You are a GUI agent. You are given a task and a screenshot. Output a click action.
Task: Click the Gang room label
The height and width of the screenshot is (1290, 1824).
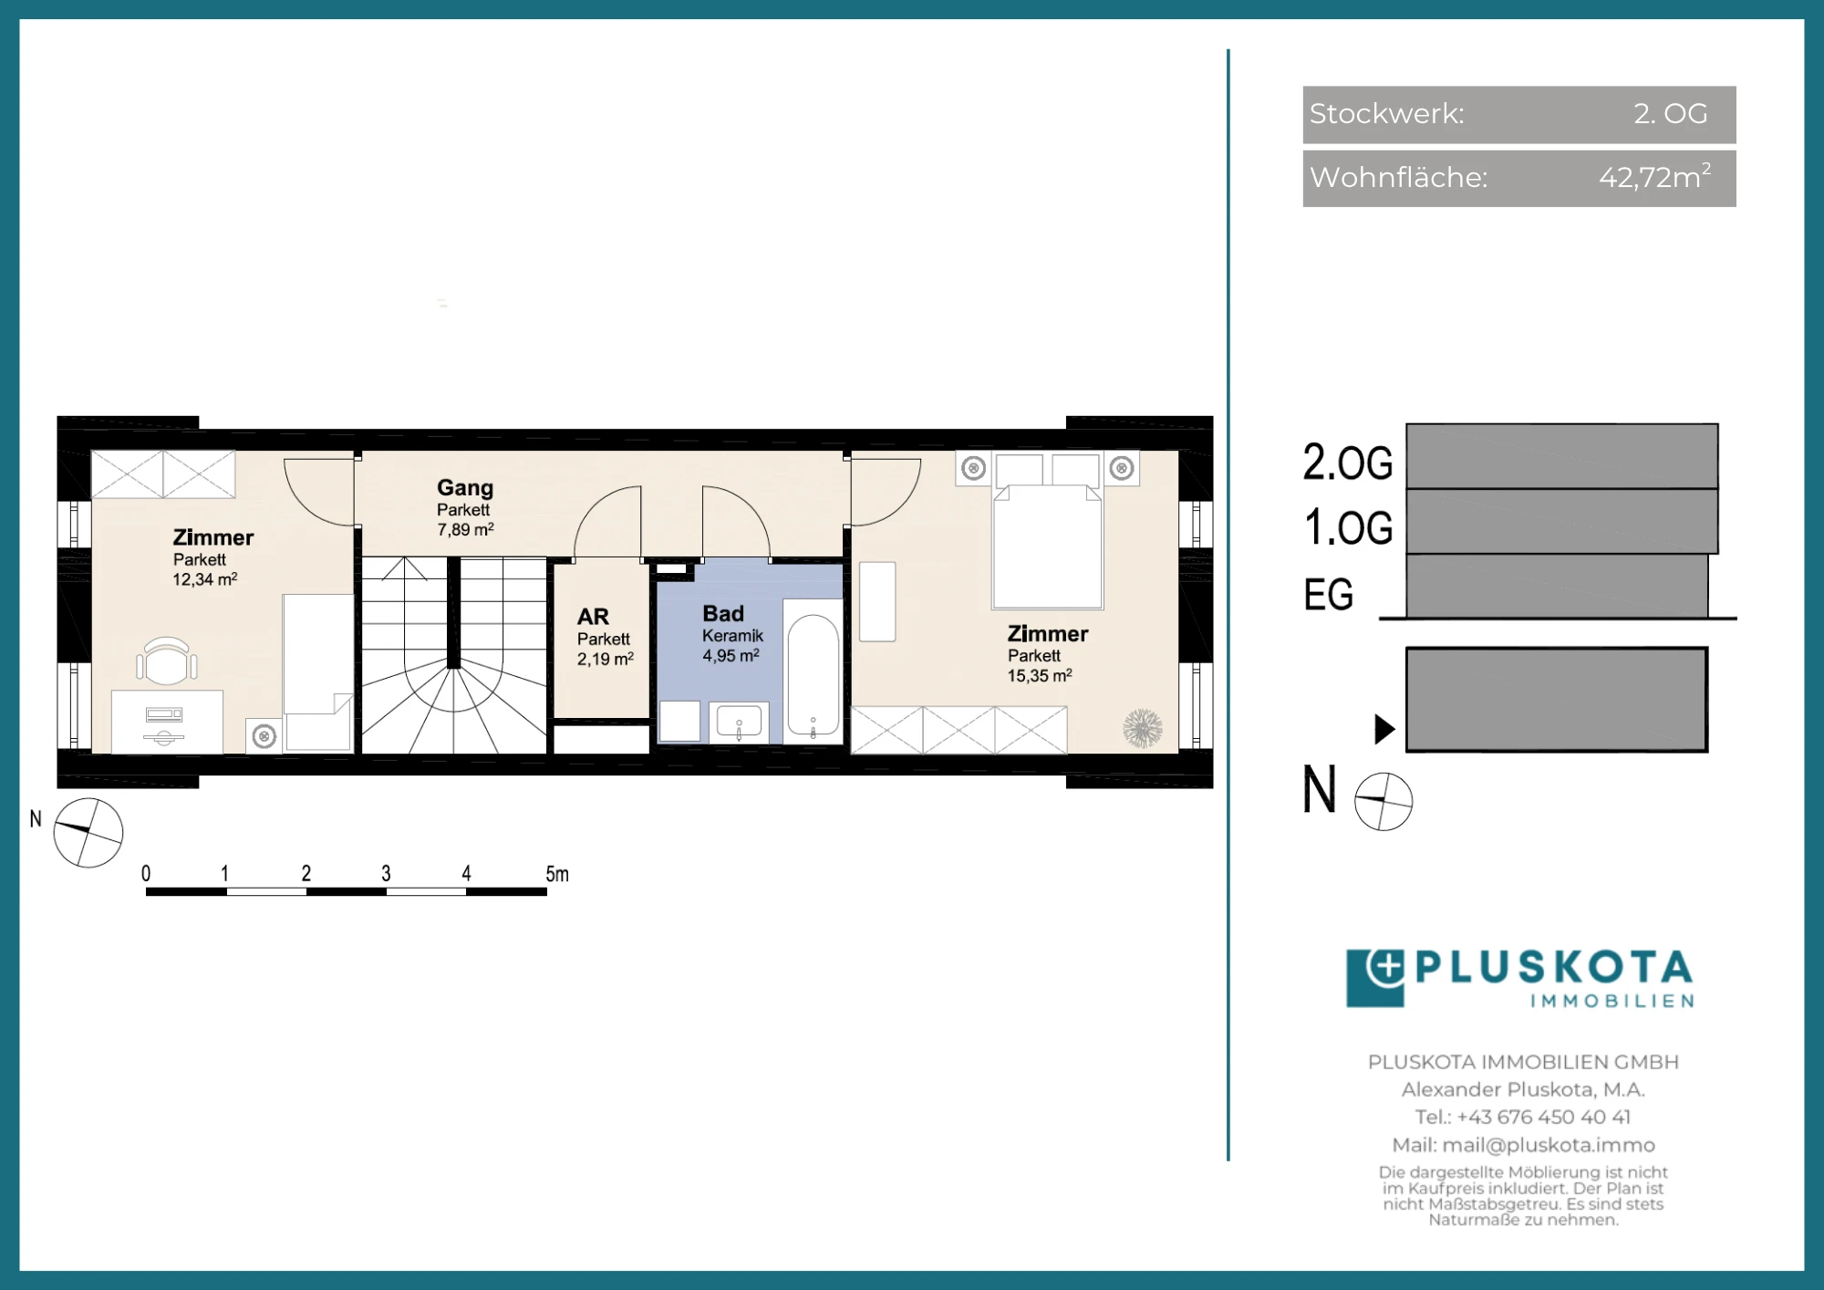tap(465, 488)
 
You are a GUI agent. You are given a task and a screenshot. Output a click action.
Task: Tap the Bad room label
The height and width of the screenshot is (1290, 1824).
tap(723, 614)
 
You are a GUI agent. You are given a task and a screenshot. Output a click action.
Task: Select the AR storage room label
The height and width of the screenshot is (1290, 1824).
tap(593, 617)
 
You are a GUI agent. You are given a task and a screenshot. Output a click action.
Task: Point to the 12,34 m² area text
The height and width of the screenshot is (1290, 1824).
tap(205, 579)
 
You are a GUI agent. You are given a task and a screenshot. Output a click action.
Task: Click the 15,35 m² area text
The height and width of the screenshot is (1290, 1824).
tap(1040, 676)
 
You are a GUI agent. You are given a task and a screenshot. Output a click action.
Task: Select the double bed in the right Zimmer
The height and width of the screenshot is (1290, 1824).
tap(1048, 531)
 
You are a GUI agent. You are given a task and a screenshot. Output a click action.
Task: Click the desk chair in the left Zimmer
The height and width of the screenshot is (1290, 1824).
tap(167, 661)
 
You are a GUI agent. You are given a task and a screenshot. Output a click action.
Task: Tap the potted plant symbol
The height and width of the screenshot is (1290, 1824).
tap(1143, 729)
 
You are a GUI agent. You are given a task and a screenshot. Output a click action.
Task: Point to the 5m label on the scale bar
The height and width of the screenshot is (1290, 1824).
tap(557, 874)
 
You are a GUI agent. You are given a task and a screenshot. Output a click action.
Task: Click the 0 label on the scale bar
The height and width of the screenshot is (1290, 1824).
tap(146, 874)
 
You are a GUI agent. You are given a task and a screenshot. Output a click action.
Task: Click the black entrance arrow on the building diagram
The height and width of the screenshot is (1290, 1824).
tap(1384, 729)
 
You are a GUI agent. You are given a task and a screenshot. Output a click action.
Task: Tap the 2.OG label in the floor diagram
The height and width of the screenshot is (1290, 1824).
tap(1348, 463)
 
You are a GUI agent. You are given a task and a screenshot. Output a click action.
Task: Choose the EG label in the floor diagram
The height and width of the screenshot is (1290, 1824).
tap(1329, 596)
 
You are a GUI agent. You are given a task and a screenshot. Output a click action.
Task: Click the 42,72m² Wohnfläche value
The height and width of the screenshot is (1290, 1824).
tap(1655, 176)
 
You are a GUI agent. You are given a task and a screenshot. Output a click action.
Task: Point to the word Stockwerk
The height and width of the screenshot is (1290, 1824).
tap(1386, 113)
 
